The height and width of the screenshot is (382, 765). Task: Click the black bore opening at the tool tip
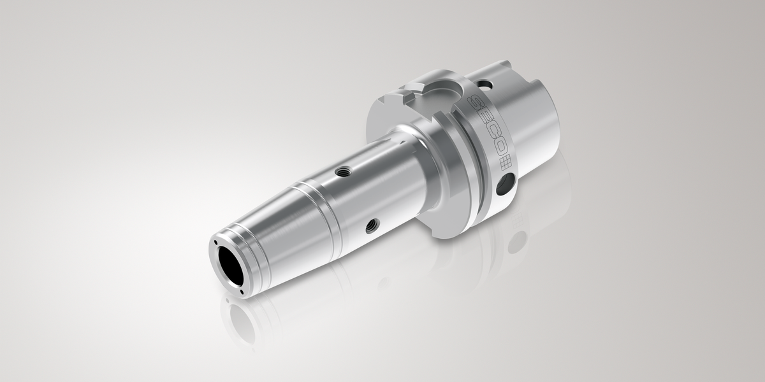tap(231, 265)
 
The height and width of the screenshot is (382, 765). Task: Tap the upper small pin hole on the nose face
tap(216, 242)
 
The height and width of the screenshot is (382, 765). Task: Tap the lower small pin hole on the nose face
tap(242, 292)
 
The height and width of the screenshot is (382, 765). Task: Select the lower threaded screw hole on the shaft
tap(372, 226)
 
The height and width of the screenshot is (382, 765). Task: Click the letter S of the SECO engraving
tap(475, 103)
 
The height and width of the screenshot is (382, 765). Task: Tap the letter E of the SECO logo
tap(485, 118)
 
